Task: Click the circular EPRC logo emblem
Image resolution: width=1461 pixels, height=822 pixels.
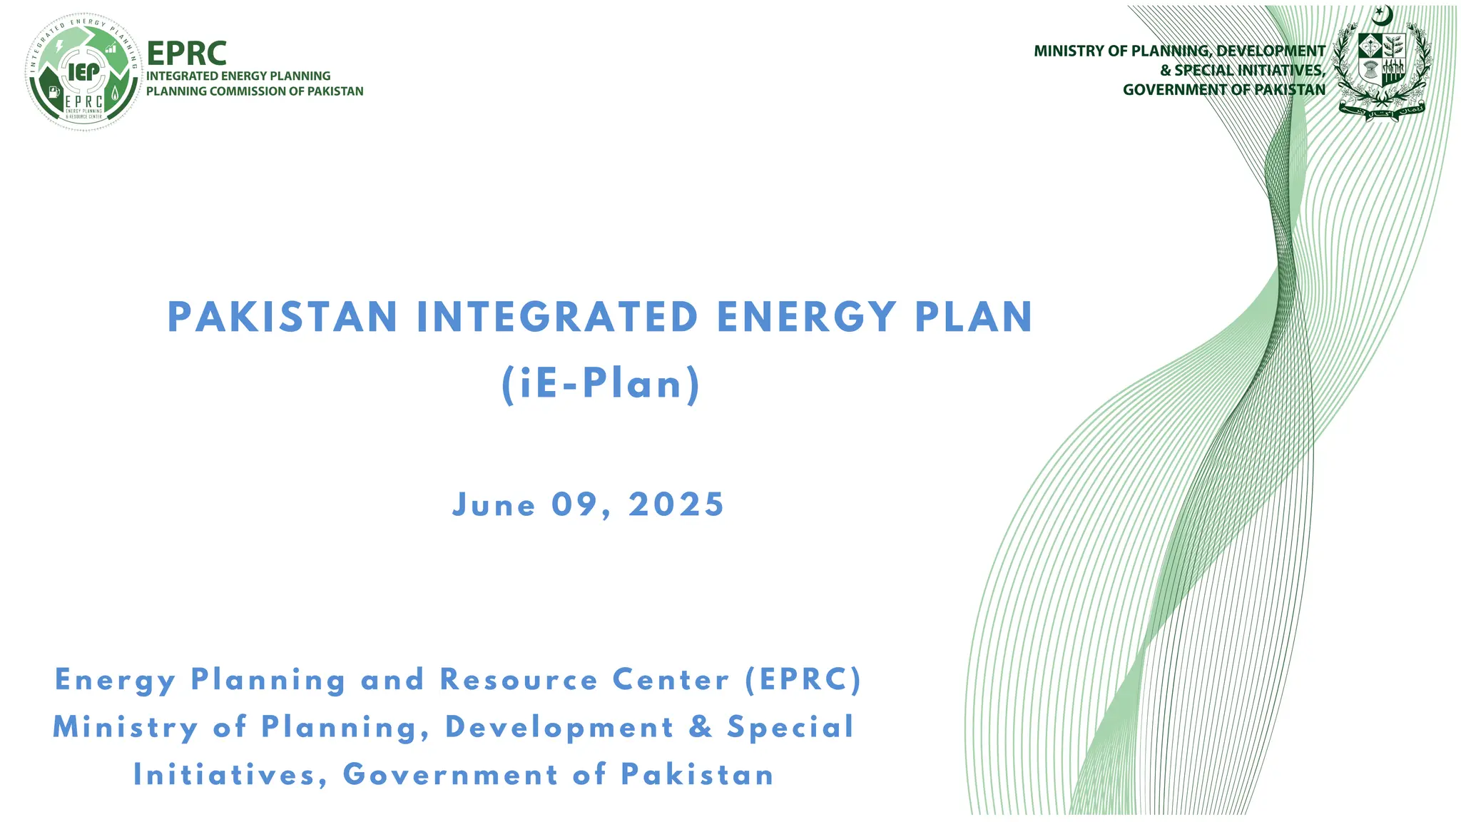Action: tap(83, 71)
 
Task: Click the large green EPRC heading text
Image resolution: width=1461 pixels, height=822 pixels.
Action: tap(186, 54)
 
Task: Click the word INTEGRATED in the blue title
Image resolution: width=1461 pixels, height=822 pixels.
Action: tap(557, 318)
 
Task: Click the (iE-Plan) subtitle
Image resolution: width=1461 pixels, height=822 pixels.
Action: tap(601, 385)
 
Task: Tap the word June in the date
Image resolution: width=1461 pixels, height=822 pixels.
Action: tap(494, 505)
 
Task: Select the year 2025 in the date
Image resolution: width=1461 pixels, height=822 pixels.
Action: tap(676, 505)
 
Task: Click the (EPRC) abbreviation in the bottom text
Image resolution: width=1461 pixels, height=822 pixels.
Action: tap(803, 680)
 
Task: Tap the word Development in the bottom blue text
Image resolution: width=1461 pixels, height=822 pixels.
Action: tap(559, 728)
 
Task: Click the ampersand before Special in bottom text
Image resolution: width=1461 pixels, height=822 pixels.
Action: tap(701, 727)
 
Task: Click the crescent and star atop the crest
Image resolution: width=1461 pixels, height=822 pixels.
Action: tap(1383, 15)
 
